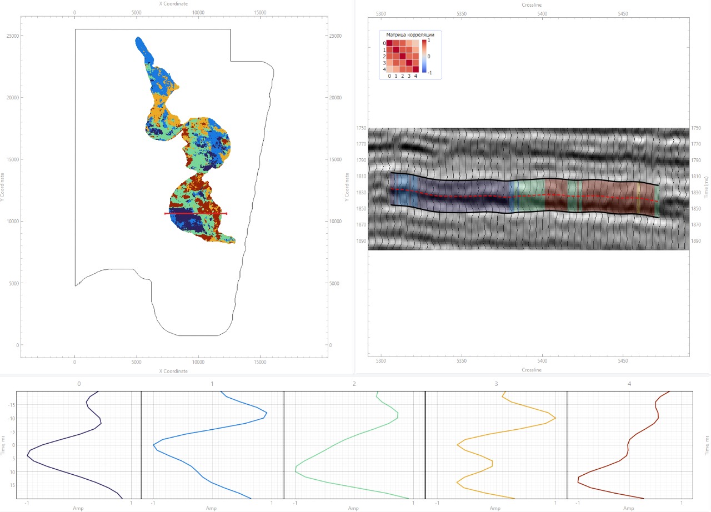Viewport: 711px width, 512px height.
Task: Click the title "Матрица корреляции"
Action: coord(410,34)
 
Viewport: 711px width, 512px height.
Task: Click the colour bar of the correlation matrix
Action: coord(424,56)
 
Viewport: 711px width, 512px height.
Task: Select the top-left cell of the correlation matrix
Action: coord(389,43)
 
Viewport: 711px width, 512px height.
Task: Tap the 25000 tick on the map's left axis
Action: coord(13,36)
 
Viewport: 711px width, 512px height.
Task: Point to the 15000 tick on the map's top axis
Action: coord(260,12)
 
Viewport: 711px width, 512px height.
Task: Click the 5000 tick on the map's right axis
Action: coord(334,283)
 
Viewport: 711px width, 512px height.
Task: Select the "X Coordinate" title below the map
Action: coord(173,371)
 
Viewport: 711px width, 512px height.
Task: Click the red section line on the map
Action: coord(196,213)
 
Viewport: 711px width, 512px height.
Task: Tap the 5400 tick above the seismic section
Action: coord(542,14)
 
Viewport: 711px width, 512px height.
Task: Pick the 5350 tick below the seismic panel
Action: coord(462,361)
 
